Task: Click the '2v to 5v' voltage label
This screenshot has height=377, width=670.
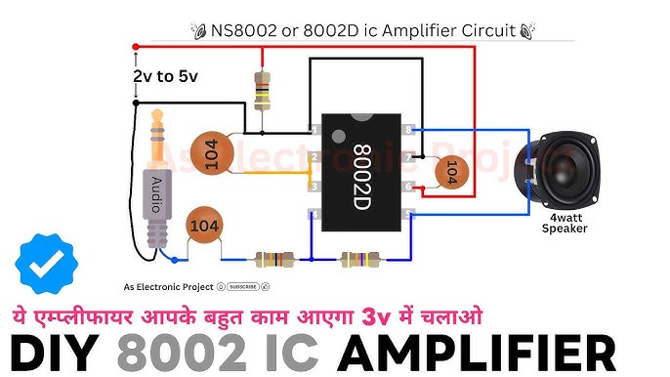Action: (x=164, y=75)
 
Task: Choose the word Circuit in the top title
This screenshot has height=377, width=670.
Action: (x=482, y=30)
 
